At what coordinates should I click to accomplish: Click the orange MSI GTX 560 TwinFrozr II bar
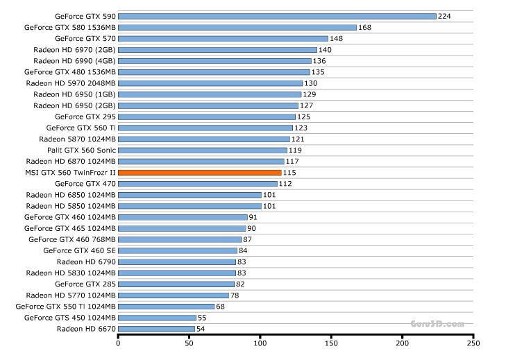tap(200, 172)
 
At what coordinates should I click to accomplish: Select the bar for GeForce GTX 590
tap(277, 16)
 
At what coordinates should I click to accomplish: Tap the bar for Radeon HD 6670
tap(157, 328)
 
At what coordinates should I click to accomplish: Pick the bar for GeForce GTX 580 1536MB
tap(237, 27)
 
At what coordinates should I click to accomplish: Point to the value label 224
tap(445, 16)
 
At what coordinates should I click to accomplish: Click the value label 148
tap(337, 38)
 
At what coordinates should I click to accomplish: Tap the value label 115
tap(289, 172)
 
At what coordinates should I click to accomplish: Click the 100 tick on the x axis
tap(260, 343)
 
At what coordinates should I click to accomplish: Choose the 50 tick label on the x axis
tap(189, 343)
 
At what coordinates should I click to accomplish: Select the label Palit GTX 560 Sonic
tap(81, 150)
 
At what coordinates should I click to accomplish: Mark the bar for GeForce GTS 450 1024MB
tap(157, 317)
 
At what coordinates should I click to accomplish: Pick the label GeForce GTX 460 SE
tap(79, 250)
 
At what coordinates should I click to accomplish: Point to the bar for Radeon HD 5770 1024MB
tap(174, 295)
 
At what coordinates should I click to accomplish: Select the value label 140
tap(326, 50)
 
